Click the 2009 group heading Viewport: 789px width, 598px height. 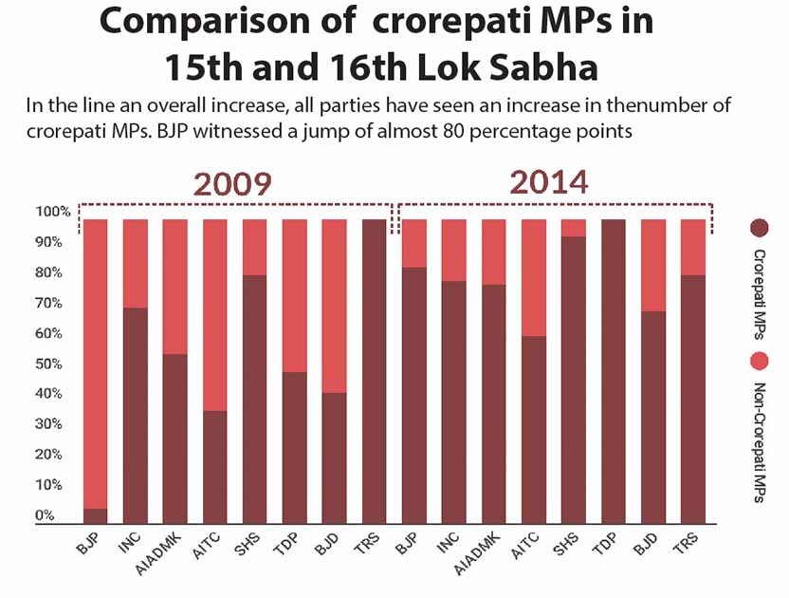(x=232, y=183)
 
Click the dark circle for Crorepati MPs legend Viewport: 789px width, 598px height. (x=759, y=228)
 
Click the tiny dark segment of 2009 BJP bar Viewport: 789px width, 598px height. (x=95, y=515)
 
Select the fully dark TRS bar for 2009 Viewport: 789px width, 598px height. (x=374, y=370)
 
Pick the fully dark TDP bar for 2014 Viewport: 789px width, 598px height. (x=614, y=370)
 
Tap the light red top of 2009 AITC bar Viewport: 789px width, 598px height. (x=214, y=314)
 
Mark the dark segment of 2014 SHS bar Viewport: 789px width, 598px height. (x=573, y=380)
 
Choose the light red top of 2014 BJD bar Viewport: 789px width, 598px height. (x=653, y=265)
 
